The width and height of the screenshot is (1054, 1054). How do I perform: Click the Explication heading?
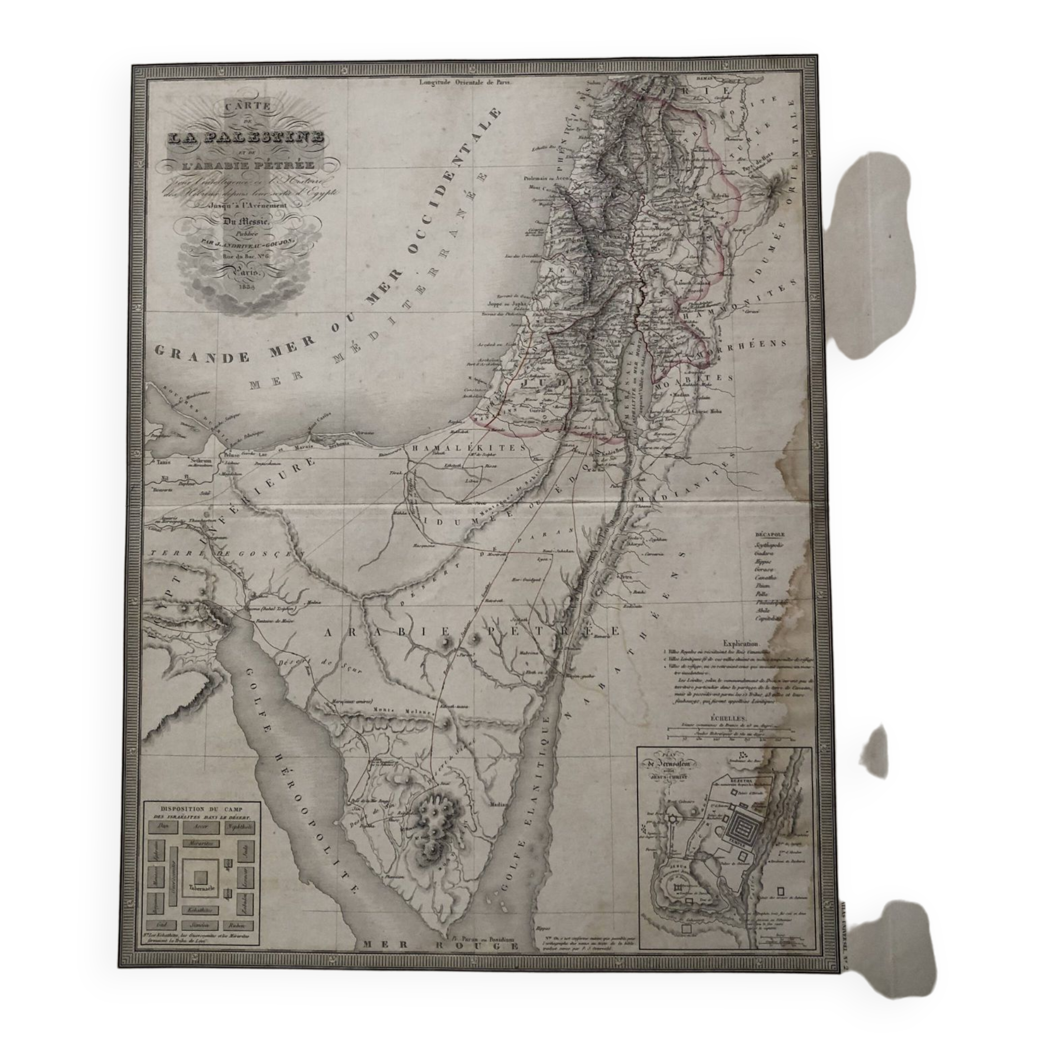745,644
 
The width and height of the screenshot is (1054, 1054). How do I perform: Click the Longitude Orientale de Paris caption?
467,83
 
